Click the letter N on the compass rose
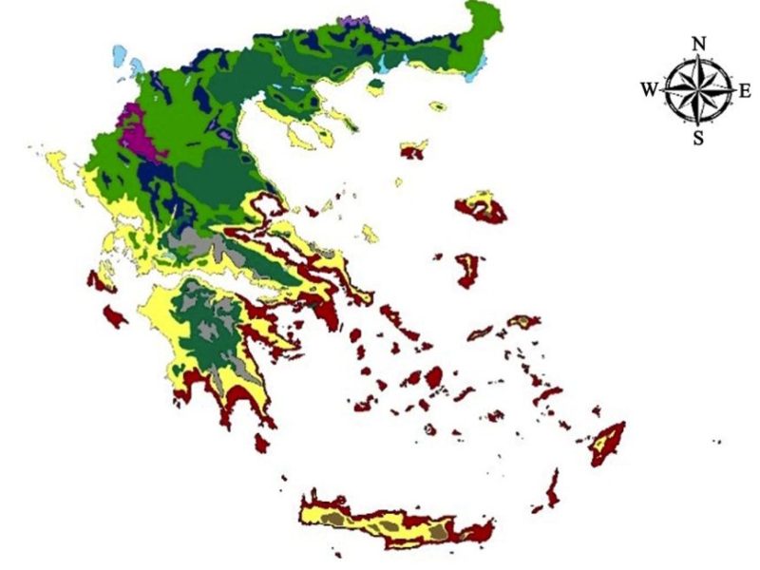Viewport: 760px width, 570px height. click(699, 44)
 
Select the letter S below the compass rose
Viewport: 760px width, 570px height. click(698, 139)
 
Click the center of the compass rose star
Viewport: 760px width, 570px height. click(698, 90)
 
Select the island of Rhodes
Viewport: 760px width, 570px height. click(607, 444)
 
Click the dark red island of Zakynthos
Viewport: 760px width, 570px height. click(114, 316)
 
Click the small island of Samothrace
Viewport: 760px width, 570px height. click(436, 106)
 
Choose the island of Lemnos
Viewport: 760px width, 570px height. click(413, 148)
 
